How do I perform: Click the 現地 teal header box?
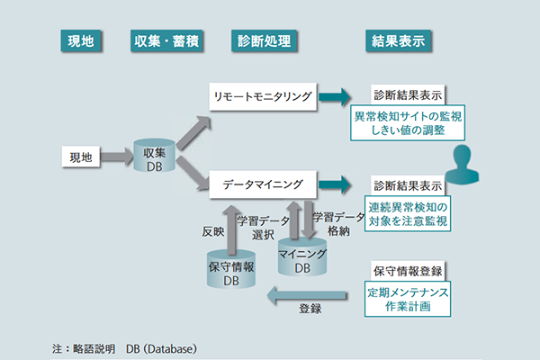pos(81,41)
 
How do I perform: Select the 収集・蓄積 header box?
pos(166,41)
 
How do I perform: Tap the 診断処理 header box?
pos(264,41)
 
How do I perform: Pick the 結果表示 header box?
pos(398,41)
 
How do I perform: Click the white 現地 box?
pos(81,157)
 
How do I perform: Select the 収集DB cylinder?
pos(154,156)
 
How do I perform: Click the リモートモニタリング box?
pos(263,97)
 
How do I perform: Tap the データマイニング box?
pos(263,184)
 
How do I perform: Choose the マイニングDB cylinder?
pos(302,257)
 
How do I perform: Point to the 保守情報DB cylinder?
pos(231,269)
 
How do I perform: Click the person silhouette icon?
pos(462,165)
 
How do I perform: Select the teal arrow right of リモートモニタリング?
pos(335,97)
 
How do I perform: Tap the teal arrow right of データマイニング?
pos(335,184)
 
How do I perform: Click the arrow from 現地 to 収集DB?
pos(117,157)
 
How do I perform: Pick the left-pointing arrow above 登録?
pos(307,295)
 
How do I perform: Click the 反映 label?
pos(213,231)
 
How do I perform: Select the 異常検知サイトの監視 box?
pos(408,123)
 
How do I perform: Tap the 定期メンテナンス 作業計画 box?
pos(408,299)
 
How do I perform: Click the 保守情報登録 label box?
pos(408,271)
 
